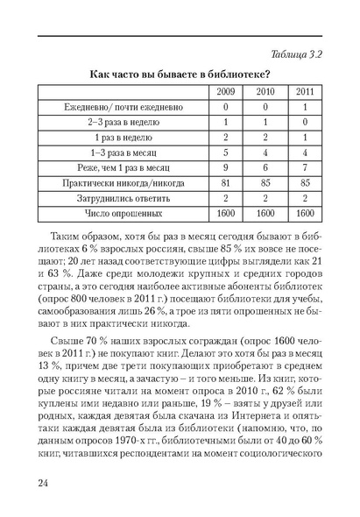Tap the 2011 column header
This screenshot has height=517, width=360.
click(x=304, y=91)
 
